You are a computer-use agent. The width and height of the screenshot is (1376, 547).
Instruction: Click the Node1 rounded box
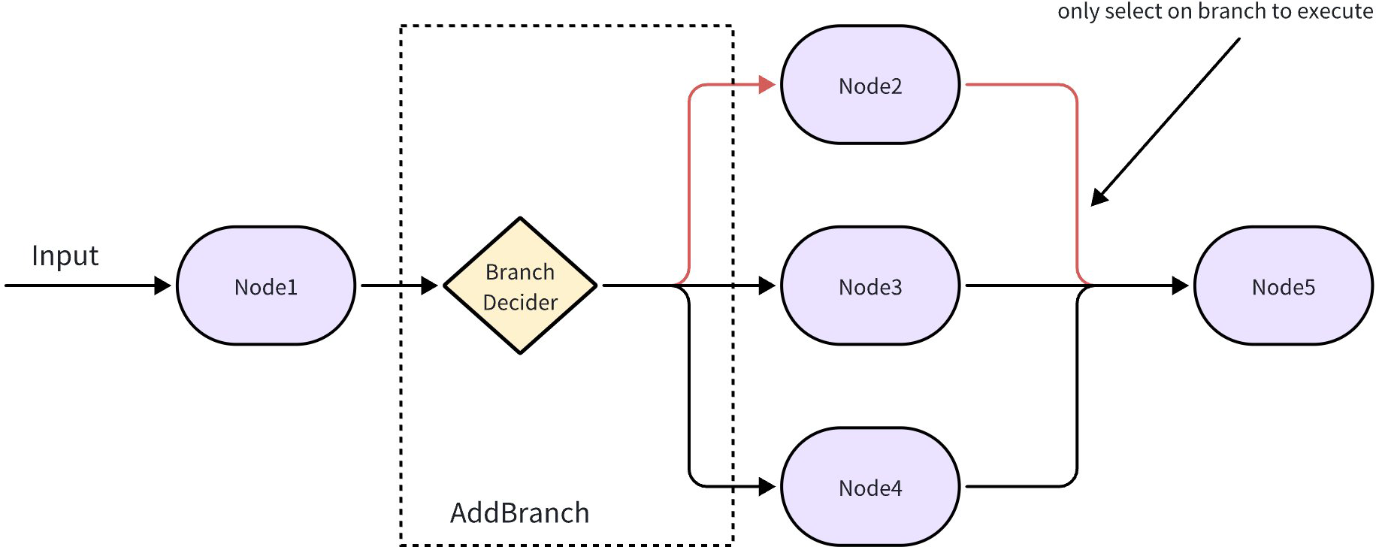click(x=266, y=286)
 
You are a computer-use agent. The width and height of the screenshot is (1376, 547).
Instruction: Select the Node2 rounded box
click(x=870, y=85)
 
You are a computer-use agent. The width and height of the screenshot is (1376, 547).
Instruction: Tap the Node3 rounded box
click(x=870, y=286)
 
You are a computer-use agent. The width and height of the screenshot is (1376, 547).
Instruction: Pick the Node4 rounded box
click(x=870, y=487)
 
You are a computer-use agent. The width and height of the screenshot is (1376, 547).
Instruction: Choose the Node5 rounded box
click(x=1283, y=286)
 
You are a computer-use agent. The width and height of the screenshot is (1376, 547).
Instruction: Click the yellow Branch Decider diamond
click(x=520, y=286)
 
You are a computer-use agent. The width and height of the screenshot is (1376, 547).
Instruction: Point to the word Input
click(x=65, y=256)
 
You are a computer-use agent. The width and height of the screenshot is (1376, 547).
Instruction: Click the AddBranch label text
click(x=519, y=513)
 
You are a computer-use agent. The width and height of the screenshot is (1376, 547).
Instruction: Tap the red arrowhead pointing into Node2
click(x=767, y=84)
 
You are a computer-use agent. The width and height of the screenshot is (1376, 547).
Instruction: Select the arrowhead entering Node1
click(x=162, y=286)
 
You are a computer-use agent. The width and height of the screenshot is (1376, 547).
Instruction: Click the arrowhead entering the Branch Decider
click(x=429, y=286)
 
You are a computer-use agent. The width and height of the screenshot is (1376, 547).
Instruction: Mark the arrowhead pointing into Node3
click(x=767, y=286)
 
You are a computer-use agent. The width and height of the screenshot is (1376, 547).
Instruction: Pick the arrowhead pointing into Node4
click(x=767, y=487)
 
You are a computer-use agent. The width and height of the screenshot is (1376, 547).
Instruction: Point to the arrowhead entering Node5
click(x=1180, y=286)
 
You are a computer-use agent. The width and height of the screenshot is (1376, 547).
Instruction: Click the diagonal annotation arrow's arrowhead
click(x=1099, y=198)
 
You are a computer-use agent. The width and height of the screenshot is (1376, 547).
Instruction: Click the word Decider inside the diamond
click(x=520, y=302)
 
